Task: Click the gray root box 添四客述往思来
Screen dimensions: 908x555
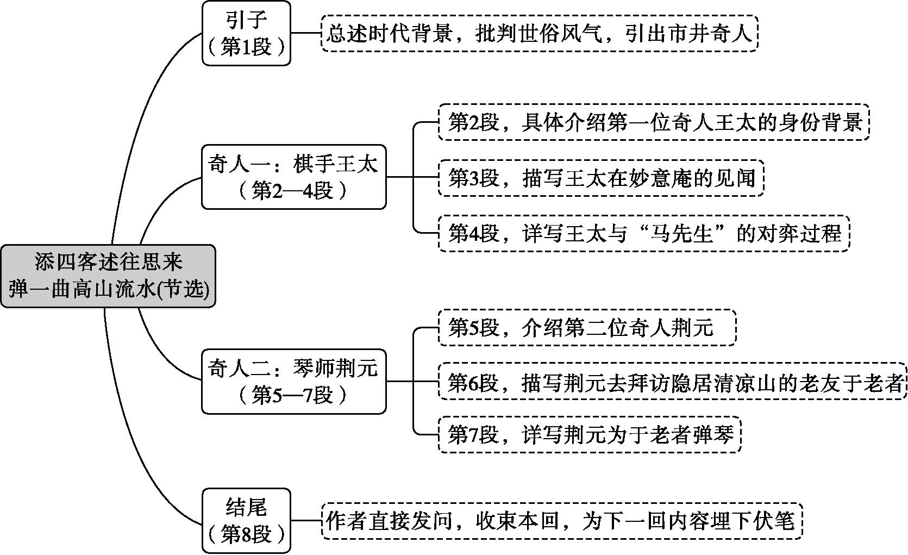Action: pyautogui.click(x=108, y=276)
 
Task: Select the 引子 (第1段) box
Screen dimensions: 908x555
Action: pyautogui.click(x=247, y=33)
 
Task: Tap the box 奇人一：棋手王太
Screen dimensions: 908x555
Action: pyautogui.click(x=294, y=177)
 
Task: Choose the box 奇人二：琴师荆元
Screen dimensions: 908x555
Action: pyautogui.click(x=294, y=382)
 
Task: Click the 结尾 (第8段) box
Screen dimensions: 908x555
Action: pyautogui.click(x=247, y=521)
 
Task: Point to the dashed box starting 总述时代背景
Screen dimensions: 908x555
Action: pyautogui.click(x=540, y=33)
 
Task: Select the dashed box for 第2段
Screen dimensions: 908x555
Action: pyautogui.click(x=654, y=122)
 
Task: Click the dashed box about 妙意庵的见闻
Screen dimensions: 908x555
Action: pyautogui.click(x=601, y=178)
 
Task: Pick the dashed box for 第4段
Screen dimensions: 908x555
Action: pyautogui.click(x=644, y=234)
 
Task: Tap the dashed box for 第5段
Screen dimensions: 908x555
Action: pyautogui.click(x=587, y=328)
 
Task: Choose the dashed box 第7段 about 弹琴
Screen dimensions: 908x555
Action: pyautogui.click(x=590, y=434)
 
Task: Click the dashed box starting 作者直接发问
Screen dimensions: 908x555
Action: pyautogui.click(x=562, y=521)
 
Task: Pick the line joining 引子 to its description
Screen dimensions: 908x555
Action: pyautogui.click(x=306, y=33)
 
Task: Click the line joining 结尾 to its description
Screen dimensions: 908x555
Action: pyautogui.click(x=306, y=521)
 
